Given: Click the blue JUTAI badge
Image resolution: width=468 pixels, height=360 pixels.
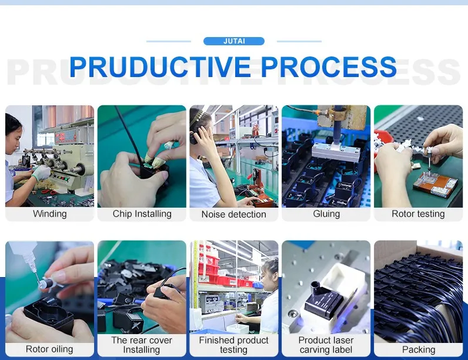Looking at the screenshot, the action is point(233,41).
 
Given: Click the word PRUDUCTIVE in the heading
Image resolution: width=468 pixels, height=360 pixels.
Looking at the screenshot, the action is point(160,66).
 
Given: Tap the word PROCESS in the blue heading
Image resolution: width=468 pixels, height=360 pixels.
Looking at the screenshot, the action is point(329,66).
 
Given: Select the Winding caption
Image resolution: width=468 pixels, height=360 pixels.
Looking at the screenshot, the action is point(50,214).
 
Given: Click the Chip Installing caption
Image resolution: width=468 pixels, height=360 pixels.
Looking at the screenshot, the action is point(142,214).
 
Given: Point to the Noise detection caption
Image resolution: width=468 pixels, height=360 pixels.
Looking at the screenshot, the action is point(233,214).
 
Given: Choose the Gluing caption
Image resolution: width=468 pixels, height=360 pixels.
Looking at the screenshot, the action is point(326,214).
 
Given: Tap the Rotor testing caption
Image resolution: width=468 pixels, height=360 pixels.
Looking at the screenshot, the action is point(418,214).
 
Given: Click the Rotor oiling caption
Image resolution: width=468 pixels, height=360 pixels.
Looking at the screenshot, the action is point(49,349).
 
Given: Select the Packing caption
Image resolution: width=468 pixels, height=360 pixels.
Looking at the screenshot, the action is point(419,349).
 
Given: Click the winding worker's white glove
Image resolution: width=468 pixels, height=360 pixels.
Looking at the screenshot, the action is point(41,173).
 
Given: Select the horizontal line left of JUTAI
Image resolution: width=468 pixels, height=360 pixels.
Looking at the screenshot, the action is point(169,41).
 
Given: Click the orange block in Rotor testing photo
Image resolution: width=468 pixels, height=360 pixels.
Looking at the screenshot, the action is point(435,185).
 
